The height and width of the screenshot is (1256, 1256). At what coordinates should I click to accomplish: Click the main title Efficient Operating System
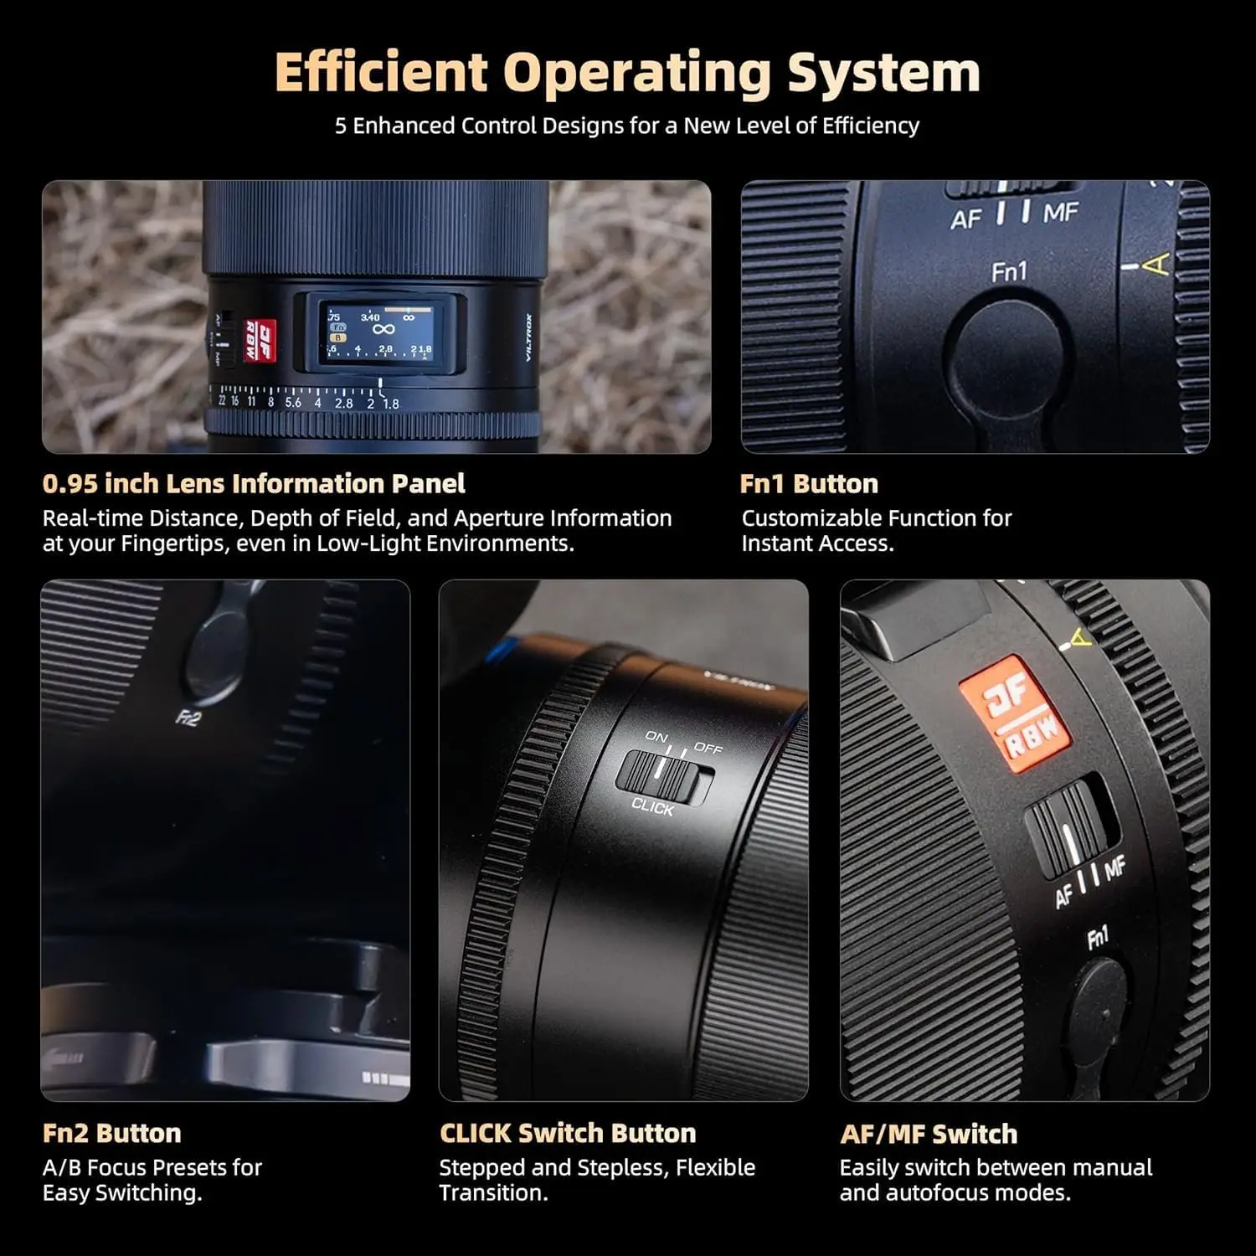[627, 72]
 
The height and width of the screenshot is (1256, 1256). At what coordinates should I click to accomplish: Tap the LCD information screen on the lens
[382, 332]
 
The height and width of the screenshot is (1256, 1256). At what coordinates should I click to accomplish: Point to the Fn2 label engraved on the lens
[188, 718]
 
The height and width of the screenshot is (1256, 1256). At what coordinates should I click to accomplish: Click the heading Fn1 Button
[809, 484]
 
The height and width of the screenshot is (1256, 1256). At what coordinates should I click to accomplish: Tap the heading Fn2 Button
[111, 1134]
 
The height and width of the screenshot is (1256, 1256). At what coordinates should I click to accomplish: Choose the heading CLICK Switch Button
[568, 1134]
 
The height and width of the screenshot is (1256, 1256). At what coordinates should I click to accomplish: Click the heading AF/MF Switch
[929, 1135]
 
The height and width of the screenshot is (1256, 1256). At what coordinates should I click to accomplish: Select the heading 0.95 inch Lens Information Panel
[254, 484]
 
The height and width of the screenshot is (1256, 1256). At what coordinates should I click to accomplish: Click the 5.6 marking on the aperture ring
[293, 403]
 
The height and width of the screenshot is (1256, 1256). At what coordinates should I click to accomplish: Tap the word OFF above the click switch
[708, 748]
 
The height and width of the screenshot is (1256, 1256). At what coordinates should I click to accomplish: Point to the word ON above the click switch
[656, 737]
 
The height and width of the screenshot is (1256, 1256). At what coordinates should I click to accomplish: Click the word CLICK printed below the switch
[652, 807]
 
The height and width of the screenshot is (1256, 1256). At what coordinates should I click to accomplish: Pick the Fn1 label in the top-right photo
[1008, 272]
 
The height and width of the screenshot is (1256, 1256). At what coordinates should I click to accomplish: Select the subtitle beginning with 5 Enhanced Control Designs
[627, 126]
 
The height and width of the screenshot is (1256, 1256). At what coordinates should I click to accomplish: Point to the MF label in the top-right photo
[1061, 214]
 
